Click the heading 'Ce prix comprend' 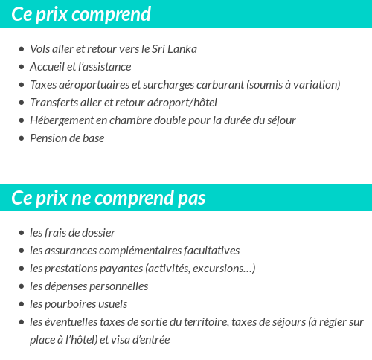click(x=81, y=14)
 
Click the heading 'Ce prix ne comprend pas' click(x=109, y=199)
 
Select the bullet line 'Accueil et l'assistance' click(x=80, y=67)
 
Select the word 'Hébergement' click(x=60, y=120)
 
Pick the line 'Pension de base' click(x=67, y=138)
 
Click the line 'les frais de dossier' click(x=72, y=233)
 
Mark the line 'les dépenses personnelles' click(x=89, y=286)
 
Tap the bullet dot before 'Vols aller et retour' click(x=21, y=50)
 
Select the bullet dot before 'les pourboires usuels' click(x=21, y=305)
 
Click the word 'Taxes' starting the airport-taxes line click(x=43, y=85)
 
